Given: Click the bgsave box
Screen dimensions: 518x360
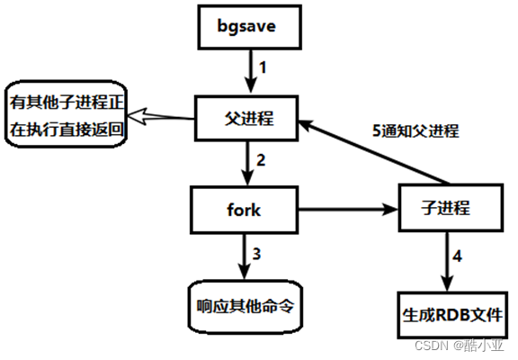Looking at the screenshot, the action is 249,27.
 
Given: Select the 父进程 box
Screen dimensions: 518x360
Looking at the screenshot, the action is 246,118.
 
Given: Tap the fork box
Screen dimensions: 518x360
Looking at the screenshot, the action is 244,210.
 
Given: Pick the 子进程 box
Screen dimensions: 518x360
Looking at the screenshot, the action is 451,208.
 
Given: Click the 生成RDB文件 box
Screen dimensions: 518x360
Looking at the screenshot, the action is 452,315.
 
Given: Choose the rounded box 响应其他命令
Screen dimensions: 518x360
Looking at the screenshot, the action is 246,306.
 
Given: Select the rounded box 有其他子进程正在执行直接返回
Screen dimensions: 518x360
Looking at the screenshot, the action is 66,113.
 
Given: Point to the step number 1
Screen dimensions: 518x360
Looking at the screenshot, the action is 263,67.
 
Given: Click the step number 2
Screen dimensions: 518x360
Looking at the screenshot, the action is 261,160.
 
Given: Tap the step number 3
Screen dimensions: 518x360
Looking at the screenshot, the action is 256,254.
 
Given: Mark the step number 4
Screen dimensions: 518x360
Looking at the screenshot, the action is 457,256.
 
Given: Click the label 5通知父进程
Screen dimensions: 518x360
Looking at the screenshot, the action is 415,130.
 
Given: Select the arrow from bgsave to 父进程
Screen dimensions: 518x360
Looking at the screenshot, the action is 251,71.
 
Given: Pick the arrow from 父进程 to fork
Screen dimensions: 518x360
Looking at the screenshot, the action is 247,163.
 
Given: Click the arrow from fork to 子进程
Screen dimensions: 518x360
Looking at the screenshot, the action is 348,210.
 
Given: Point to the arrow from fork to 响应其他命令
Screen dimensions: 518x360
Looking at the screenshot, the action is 244,256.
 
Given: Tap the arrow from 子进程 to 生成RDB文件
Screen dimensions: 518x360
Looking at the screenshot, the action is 447,261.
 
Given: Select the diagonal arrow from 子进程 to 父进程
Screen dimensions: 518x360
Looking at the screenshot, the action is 374,152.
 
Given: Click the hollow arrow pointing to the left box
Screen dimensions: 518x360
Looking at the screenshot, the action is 161,116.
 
